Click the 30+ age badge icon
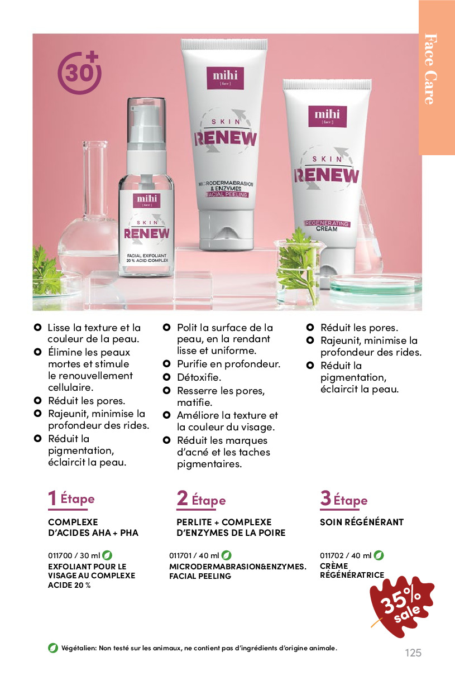click(x=79, y=73)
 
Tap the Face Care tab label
click(x=430, y=69)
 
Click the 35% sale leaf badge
click(x=401, y=606)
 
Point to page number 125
click(x=413, y=652)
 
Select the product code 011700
click(x=60, y=555)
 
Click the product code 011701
click(x=180, y=555)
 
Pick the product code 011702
click(x=332, y=555)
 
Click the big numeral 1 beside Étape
click(x=52, y=498)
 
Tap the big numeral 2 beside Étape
click(x=182, y=498)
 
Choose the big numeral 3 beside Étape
click(x=325, y=498)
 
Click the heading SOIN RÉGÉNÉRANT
click(x=361, y=522)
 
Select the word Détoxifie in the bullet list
click(x=199, y=377)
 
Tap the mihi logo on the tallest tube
click(x=225, y=78)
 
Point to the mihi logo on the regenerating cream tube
click(x=327, y=116)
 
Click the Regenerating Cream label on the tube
click(x=327, y=226)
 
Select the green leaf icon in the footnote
click(x=53, y=648)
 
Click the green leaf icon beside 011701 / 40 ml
click(x=226, y=555)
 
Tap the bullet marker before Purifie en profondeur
click(x=166, y=363)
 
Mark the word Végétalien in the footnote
click(x=79, y=648)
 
